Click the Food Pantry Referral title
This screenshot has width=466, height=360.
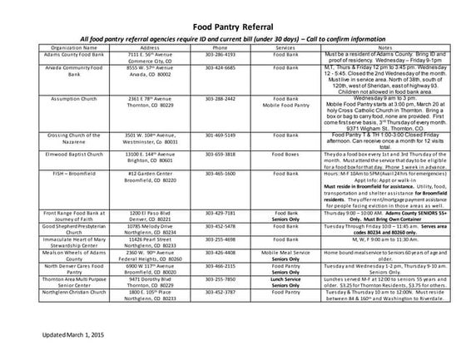coord(233,26)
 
